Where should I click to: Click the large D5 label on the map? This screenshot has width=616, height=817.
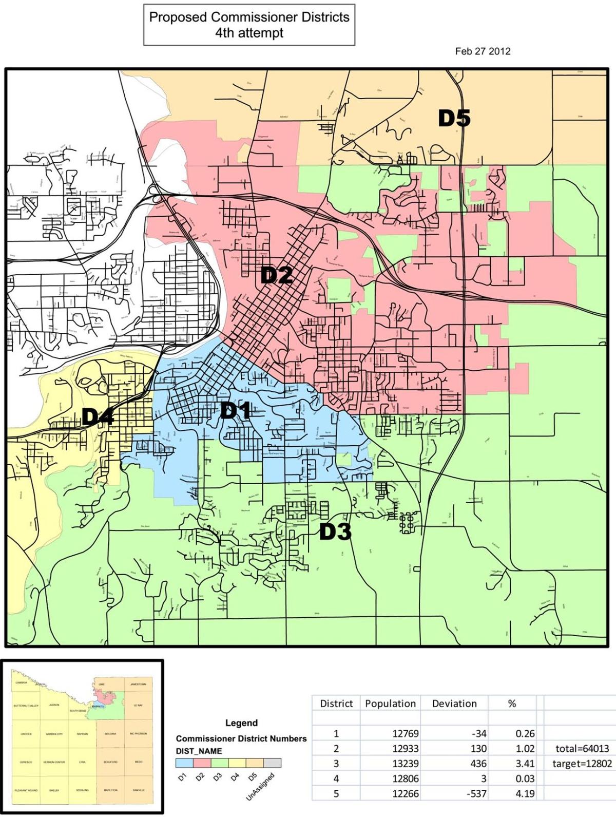(x=454, y=119)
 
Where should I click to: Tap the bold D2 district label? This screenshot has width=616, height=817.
(x=276, y=276)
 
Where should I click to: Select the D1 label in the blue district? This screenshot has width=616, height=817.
(x=236, y=411)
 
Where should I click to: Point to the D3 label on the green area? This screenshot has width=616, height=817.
(x=335, y=533)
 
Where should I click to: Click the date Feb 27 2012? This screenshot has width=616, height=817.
(x=483, y=51)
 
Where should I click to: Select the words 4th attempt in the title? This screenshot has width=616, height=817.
(x=249, y=33)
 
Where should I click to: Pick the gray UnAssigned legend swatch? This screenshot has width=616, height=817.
(x=272, y=764)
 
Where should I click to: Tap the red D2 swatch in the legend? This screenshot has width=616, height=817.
(x=202, y=764)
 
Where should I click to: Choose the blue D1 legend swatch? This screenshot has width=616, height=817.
(x=184, y=764)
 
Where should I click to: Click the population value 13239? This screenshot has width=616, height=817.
(x=406, y=764)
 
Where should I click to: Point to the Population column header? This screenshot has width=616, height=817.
(x=390, y=704)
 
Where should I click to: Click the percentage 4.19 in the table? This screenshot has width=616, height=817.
(x=525, y=793)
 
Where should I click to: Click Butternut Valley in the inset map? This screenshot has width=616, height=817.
(x=26, y=706)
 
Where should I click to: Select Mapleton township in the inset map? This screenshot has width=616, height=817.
(x=110, y=790)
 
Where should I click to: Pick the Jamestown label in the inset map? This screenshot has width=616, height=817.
(x=138, y=684)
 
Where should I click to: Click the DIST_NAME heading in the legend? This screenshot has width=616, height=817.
(x=199, y=751)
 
